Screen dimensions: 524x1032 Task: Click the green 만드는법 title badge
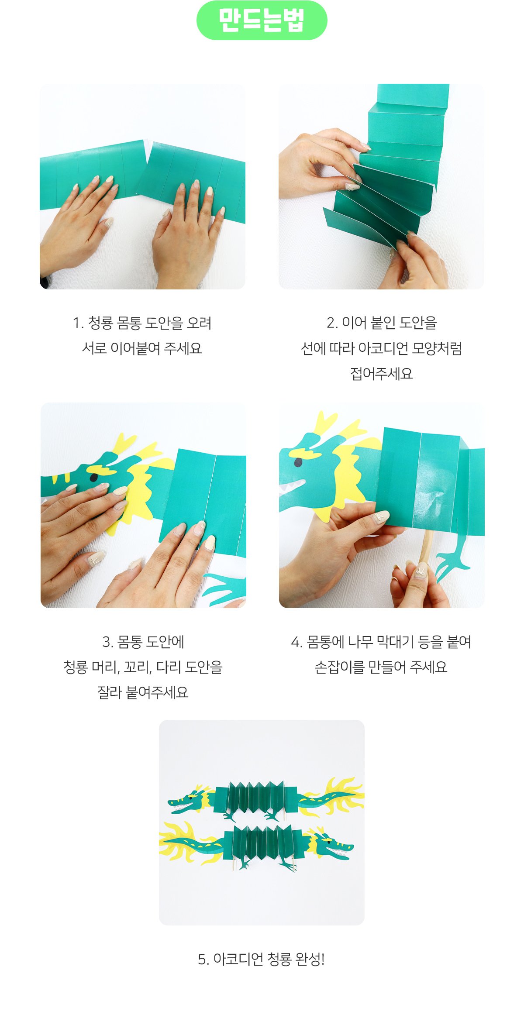262,21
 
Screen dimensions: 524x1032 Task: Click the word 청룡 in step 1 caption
101,323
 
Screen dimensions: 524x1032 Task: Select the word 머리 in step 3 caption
105,667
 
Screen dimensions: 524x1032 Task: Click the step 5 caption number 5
203,959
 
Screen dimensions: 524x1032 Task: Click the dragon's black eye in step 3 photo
93,478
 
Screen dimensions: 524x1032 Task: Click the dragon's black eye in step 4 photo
298,462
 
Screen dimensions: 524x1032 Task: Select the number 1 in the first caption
77,323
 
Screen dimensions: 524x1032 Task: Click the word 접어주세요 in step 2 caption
382,374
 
